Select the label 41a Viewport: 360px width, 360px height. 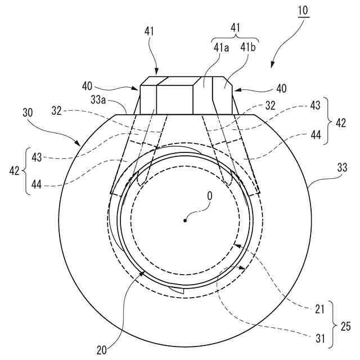coord(220,48)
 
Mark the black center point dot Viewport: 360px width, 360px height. coord(185,220)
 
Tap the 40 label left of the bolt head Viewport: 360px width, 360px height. coord(87,87)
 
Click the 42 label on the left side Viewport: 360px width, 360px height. coord(15,170)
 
